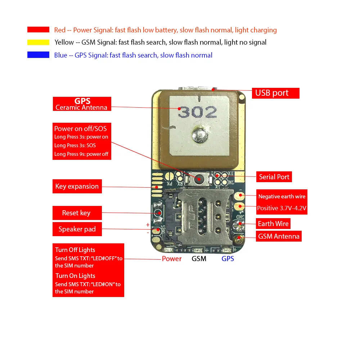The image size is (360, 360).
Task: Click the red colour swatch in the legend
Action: [x=38, y=30]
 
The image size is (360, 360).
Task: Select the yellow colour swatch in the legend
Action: [x=38, y=42]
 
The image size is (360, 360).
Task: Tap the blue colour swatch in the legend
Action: [x=38, y=55]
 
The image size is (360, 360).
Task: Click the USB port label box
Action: [x=275, y=93]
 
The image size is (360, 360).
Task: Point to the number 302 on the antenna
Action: [x=198, y=113]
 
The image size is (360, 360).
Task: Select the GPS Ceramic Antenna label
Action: [x=82, y=104]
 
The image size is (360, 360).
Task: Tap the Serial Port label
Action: [x=274, y=177]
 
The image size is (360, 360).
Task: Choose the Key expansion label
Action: [x=77, y=186]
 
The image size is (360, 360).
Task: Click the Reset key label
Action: [x=77, y=213]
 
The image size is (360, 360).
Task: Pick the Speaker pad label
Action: [x=77, y=229]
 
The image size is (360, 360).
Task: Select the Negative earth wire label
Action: [x=282, y=197]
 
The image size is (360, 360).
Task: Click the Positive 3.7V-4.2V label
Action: [x=282, y=208]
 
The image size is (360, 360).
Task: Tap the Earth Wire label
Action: [x=273, y=224]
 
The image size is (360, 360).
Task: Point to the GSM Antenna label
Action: [x=278, y=236]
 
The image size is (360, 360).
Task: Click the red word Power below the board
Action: [x=172, y=258]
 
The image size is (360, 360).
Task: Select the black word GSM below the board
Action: [x=199, y=258]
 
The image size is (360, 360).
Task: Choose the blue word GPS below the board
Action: [x=228, y=258]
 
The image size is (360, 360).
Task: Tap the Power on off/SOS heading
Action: [x=80, y=129]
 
